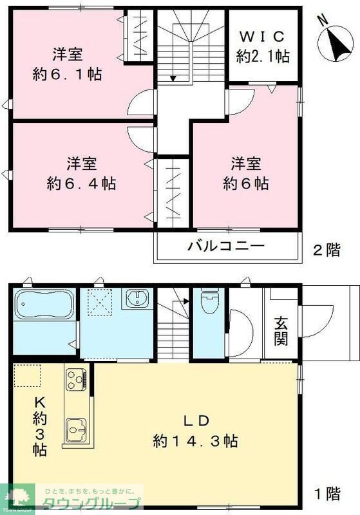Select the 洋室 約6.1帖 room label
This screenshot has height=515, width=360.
pos(67,64)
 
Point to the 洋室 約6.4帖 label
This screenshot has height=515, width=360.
pos(81,173)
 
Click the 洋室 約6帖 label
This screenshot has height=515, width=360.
pos(246,173)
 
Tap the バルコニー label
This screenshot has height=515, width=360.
pos(226,246)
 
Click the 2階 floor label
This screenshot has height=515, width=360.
pos(327,249)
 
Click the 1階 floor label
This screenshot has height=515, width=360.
pos(327,494)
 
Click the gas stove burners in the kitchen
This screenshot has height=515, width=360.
pos(75,379)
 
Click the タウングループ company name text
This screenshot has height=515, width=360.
pos(90,503)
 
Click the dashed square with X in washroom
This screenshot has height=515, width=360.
pos(101,301)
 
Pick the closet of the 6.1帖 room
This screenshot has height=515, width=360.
pos(138,37)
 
